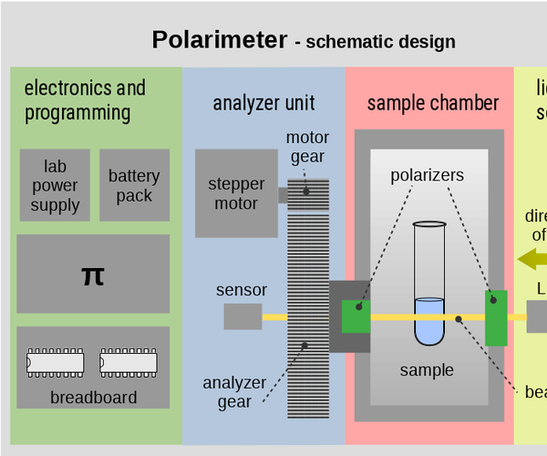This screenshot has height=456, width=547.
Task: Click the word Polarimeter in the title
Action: [x=220, y=40]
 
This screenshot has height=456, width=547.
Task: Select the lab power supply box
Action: [x=55, y=186]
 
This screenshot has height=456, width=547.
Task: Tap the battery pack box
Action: [x=134, y=186]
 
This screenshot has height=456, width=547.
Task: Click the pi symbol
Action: [x=93, y=275]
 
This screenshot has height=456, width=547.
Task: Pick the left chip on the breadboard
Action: [x=56, y=363]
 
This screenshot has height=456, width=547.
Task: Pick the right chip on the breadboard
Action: [x=129, y=363]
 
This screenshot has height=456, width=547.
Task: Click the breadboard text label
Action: [x=93, y=398]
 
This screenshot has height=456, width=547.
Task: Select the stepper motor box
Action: [x=236, y=193]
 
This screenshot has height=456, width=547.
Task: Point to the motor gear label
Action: [x=307, y=147]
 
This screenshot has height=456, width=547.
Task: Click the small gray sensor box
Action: [x=243, y=316]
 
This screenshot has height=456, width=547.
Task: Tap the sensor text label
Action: [x=242, y=290]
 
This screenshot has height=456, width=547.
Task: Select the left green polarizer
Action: [x=356, y=316]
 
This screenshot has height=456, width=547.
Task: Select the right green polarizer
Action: [x=496, y=317]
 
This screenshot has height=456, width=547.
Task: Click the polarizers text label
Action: [x=428, y=174]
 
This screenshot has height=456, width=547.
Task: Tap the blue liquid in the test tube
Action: [x=428, y=319]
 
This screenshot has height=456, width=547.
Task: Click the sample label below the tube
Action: [x=427, y=369]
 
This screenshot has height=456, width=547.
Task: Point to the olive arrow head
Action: [x=528, y=259]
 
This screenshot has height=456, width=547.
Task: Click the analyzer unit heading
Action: [x=263, y=102]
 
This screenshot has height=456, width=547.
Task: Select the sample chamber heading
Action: [x=433, y=102]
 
